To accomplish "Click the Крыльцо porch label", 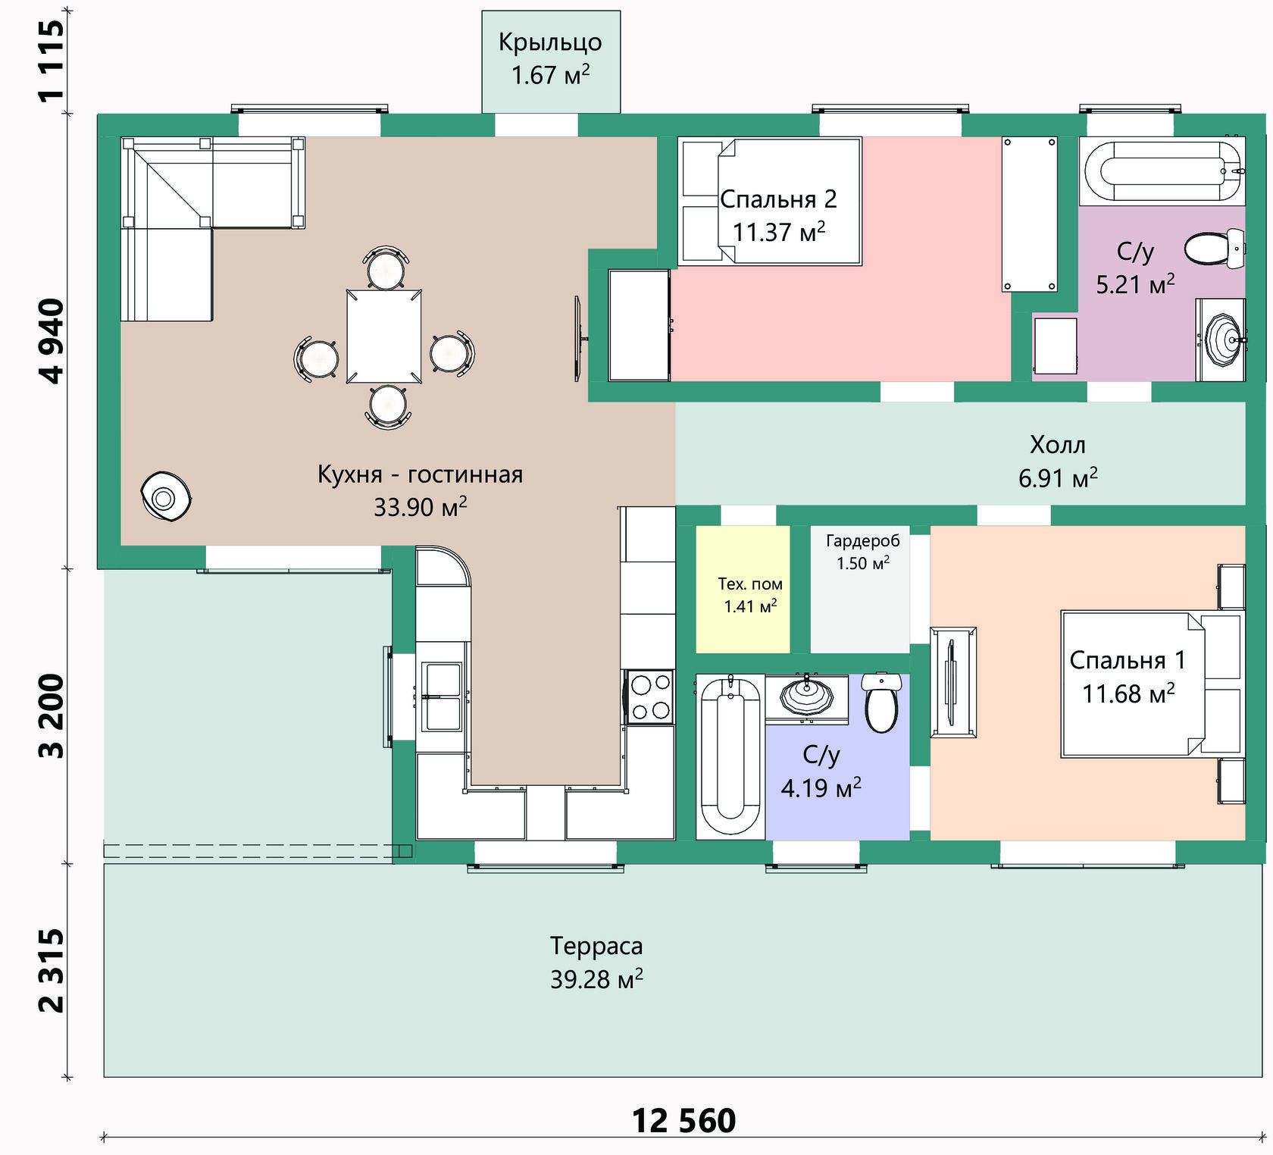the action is click(550, 42).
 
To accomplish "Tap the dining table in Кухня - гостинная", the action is click(384, 336).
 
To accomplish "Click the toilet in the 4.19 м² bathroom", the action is click(881, 703).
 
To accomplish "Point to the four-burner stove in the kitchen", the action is click(649, 696).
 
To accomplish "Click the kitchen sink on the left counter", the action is click(443, 696).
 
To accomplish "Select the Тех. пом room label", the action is click(750, 584).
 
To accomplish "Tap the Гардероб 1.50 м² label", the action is click(863, 552).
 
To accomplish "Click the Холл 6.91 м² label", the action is click(1058, 461).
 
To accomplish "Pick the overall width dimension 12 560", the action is click(683, 1121).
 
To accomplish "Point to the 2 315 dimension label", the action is click(52, 971).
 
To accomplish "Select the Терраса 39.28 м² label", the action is click(597, 962).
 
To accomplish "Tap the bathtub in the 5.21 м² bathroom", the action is click(1162, 171).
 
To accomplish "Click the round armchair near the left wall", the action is click(166, 496).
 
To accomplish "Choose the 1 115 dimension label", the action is click(52, 61).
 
